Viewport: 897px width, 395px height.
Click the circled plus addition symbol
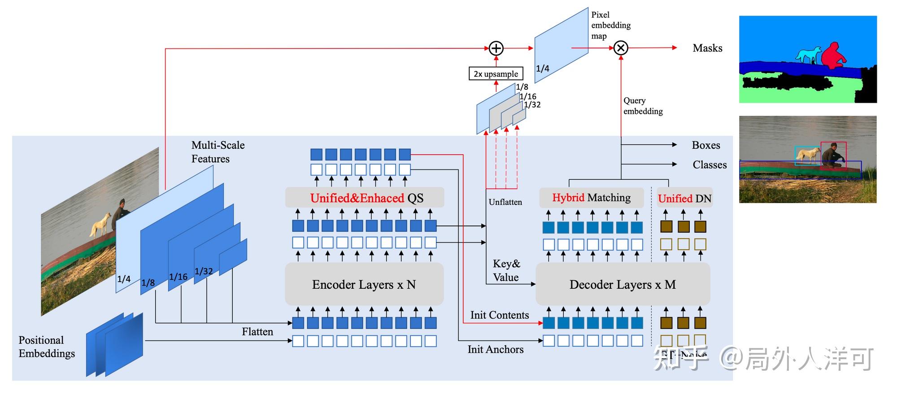pos(496,48)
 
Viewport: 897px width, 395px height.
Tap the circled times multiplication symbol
pos(621,48)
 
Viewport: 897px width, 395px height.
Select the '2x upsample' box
pos(496,74)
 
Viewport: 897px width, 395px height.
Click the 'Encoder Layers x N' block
pos(364,284)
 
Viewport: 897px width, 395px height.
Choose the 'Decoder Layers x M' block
pos(623,284)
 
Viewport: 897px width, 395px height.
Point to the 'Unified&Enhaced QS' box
pos(365,198)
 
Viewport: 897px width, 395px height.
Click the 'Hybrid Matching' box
pos(591,198)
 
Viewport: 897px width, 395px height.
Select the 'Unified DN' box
pos(684,198)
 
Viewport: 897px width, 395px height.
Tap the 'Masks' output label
pos(707,48)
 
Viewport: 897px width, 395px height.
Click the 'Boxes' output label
pos(706,145)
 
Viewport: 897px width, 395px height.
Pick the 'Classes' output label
pos(710,165)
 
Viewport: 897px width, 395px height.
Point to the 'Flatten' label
pos(257,332)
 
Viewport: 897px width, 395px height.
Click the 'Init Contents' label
pos(500,315)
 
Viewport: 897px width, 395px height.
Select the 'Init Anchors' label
pos(496,349)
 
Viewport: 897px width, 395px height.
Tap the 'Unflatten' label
pos(505,202)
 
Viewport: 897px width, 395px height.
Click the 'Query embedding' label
pos(643,106)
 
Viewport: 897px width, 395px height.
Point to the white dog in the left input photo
pos(100,224)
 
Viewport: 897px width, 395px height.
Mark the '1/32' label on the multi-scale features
pos(204,271)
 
